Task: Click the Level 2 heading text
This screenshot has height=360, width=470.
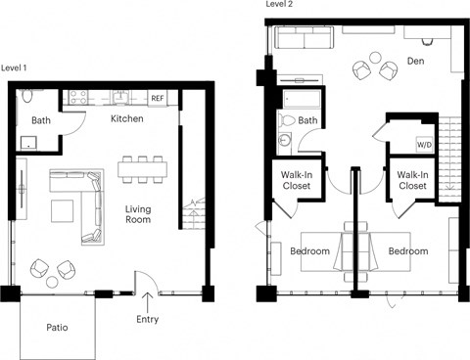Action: tap(279, 5)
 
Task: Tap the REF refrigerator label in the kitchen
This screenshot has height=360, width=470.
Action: tap(157, 98)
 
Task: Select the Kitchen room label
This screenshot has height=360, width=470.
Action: tap(127, 118)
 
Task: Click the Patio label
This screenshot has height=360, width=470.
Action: tap(58, 330)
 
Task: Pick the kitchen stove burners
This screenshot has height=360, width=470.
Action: tap(77, 97)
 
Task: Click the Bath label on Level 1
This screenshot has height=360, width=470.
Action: tap(41, 120)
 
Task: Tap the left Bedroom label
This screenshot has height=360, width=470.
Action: tap(309, 251)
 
